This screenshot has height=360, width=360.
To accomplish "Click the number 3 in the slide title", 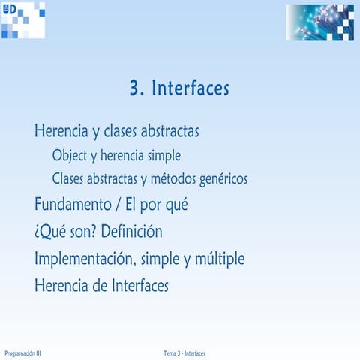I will [136, 88].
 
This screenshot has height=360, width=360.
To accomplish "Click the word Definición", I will [132, 231].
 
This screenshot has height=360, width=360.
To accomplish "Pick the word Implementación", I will [85, 259].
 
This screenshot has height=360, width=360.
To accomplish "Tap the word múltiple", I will [218, 259].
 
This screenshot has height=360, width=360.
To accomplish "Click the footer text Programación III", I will [22, 353].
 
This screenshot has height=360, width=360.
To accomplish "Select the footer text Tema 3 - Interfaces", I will [184, 353].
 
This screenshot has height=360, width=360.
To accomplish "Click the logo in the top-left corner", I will [22, 19].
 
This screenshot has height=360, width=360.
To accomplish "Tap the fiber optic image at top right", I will [319, 22].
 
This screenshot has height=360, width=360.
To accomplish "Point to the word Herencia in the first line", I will [61, 131].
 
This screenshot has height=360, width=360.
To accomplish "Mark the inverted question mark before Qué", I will [37, 232].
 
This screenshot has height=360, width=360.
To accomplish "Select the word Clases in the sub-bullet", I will [70, 180].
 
